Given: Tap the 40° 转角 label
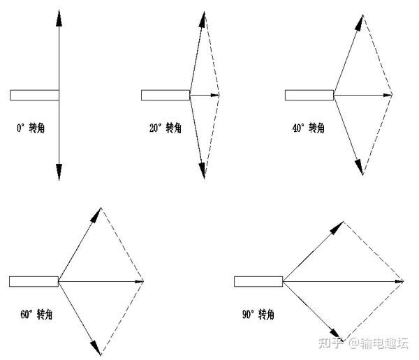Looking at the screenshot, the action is pos(309,128).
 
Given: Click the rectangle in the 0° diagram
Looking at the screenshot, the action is pos(34,95).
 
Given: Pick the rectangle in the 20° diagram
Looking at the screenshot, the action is pos(166,95).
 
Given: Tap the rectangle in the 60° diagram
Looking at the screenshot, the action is pos(34,281).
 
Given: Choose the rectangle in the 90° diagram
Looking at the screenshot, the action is pos(258,281).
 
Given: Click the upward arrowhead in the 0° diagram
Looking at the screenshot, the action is pos(59,16).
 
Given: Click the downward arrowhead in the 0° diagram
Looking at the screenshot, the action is pos(59,172).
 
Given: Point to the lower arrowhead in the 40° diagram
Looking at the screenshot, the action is pos(360,167).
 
